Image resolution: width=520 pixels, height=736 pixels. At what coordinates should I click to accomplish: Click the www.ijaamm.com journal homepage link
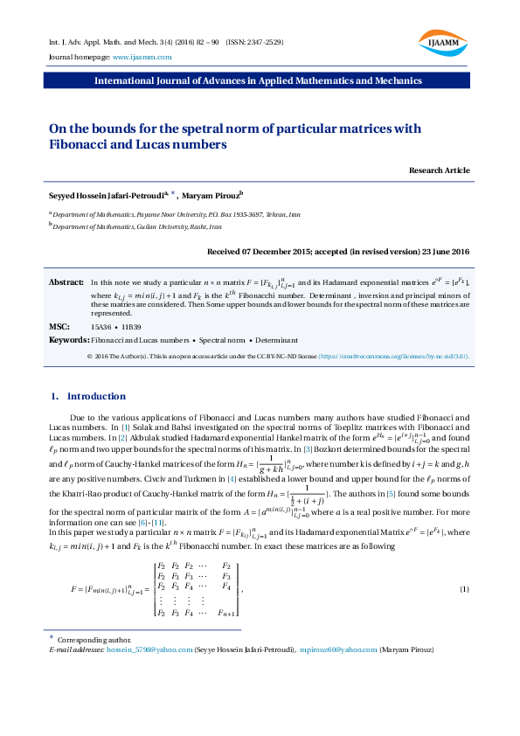[142, 57]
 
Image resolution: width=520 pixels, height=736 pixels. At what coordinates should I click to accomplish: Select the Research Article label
[439, 170]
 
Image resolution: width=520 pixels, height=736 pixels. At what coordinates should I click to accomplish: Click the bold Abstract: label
[66, 283]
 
